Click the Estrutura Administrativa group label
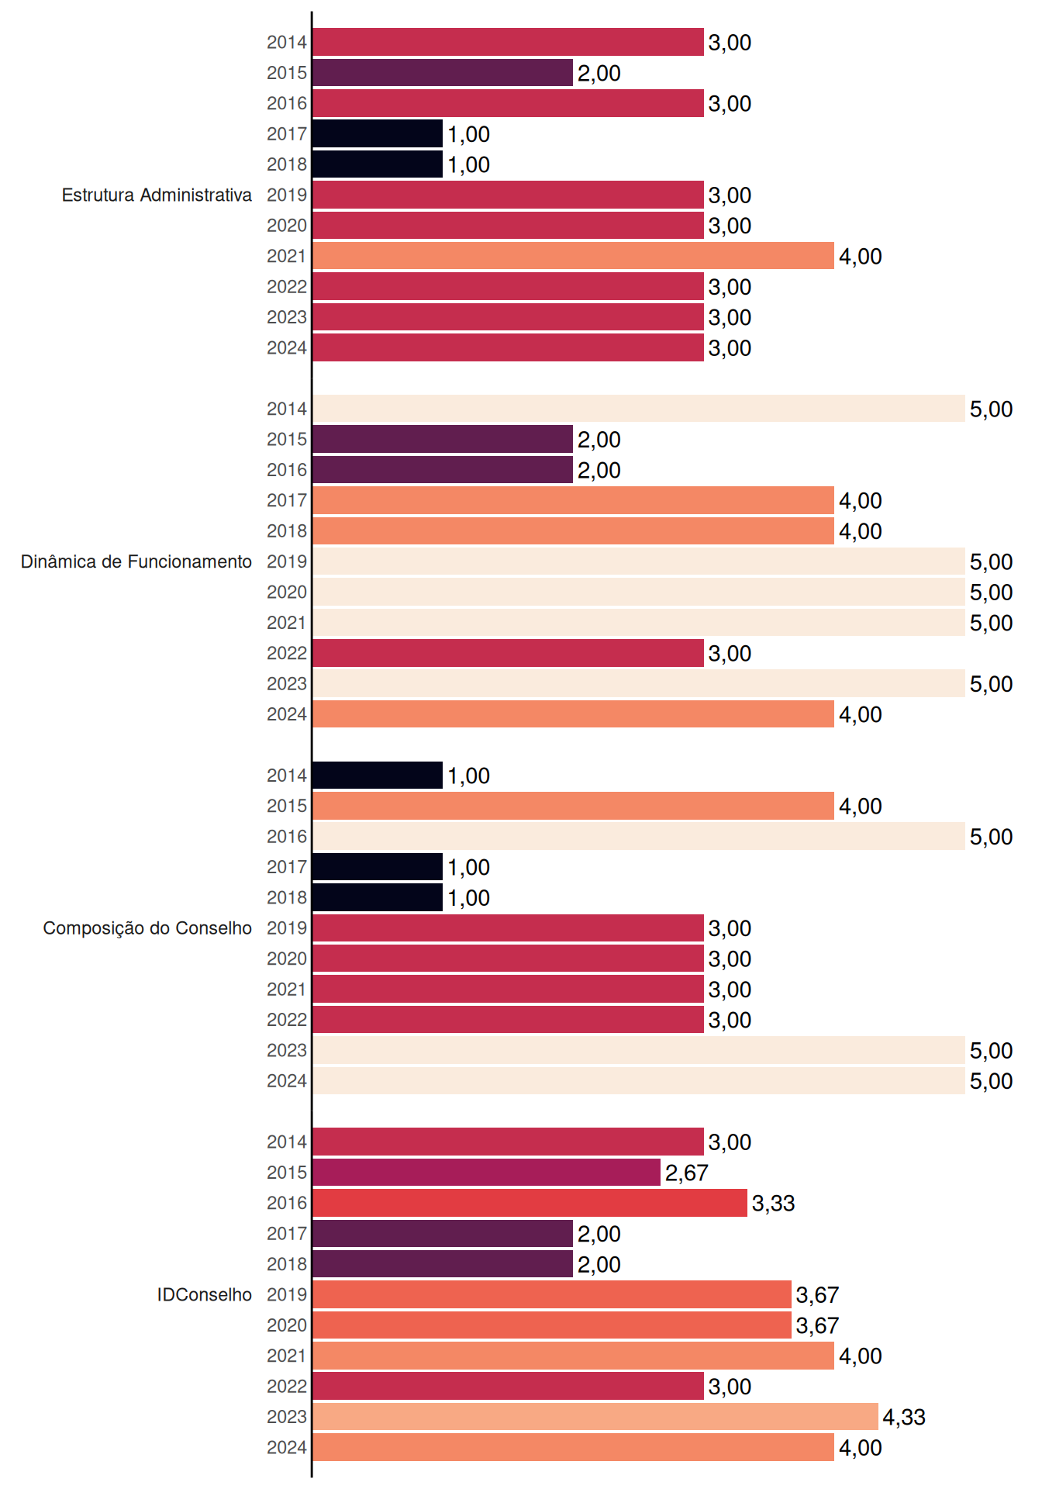pos(157,195)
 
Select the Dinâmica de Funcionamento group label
pos(136,561)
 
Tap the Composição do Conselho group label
pos(147,928)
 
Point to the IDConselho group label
pos(205,1294)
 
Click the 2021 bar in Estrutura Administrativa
pos(574,256)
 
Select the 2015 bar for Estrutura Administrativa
pos(443,73)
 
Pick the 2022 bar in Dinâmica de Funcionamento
pos(509,653)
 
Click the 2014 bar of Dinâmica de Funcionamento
pos(639,409)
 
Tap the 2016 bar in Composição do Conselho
pos(639,836)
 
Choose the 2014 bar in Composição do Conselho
pos(378,776)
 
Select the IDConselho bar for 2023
pos(595,1417)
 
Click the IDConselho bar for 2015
pos(487,1173)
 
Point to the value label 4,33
pos(904,1418)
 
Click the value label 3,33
pos(773,1204)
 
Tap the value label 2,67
pos(686,1173)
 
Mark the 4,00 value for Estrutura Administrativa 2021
pos(861,257)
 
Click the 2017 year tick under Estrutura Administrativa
pos(287,134)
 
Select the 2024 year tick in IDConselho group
pos(287,1448)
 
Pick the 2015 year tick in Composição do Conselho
pos(287,807)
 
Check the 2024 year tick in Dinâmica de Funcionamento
pos(287,715)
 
